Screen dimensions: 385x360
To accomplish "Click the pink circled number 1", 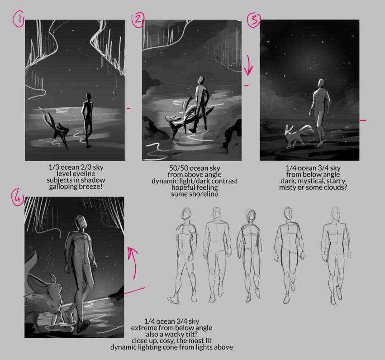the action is coord(18,19).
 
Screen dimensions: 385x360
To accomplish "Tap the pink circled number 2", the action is coord(138,19).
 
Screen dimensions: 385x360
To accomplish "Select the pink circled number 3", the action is coord(254,19).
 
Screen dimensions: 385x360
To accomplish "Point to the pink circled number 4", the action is coord(18,197).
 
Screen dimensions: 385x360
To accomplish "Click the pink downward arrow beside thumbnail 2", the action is coord(248,65).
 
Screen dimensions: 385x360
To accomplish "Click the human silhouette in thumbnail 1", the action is coord(87,120).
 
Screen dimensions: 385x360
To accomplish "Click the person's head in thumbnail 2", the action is coord(201,80).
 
